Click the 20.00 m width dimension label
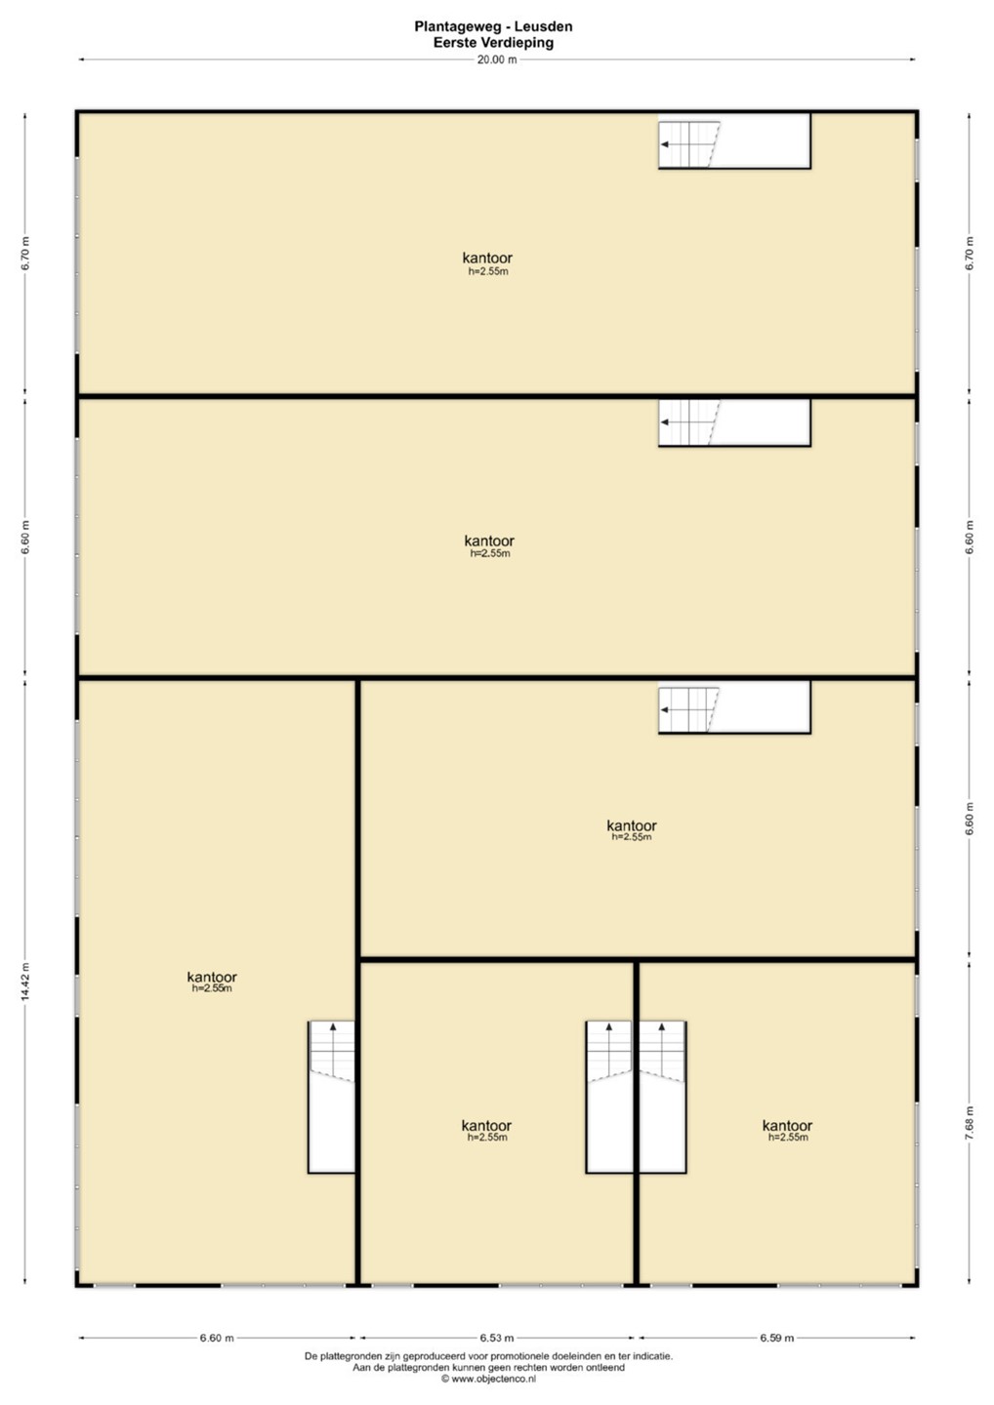coord(496,60)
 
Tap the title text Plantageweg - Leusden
coord(493,27)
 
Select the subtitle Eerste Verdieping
coord(493,43)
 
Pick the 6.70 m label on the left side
coord(25,254)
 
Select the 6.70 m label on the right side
coord(971,254)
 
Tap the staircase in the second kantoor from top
coord(734,422)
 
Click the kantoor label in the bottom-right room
coord(787,1126)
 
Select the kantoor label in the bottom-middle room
coord(486,1126)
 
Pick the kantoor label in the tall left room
coord(212,978)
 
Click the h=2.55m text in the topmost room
coord(488,271)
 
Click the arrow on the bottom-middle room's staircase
coord(608,1048)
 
